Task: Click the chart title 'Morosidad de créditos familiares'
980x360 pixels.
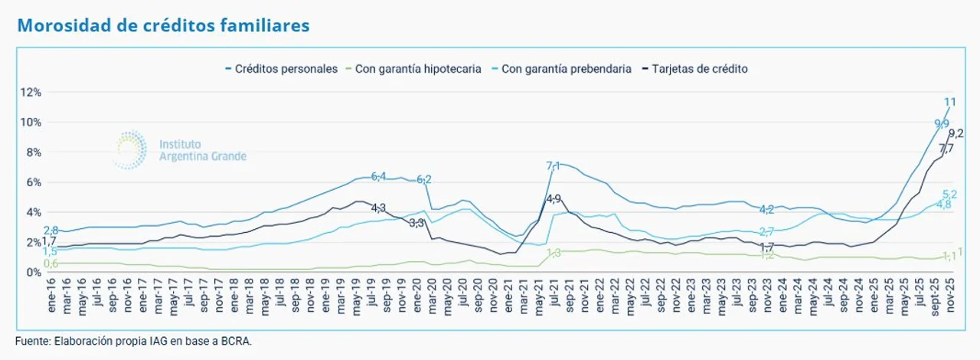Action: (163, 25)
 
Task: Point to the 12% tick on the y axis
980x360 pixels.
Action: (30, 93)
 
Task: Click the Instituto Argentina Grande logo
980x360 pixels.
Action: (181, 149)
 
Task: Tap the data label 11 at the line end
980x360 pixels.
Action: (949, 103)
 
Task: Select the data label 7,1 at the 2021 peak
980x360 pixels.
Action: (554, 165)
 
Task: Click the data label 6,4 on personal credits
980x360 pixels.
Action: (378, 176)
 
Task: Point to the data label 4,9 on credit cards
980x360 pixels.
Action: (554, 199)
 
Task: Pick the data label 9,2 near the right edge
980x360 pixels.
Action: (956, 133)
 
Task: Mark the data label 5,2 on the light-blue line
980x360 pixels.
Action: (950, 195)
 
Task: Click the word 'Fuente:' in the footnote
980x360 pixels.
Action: (32, 341)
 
